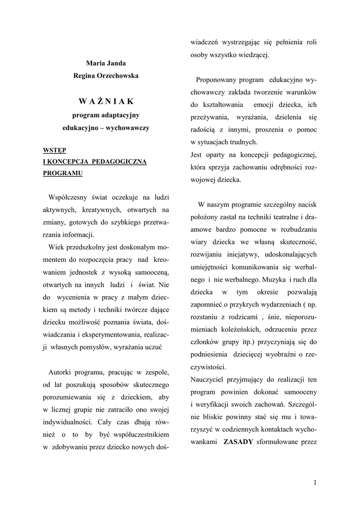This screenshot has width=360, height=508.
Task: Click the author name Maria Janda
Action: click(x=106, y=63)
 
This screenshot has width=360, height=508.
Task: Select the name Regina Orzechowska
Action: click(x=106, y=75)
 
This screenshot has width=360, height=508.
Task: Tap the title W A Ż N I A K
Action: click(x=106, y=101)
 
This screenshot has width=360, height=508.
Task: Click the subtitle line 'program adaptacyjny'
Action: click(x=106, y=115)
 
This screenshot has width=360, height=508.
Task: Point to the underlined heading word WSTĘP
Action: click(x=55, y=149)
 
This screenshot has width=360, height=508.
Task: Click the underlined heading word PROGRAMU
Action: click(x=62, y=173)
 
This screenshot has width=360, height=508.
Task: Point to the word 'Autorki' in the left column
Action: click(x=62, y=372)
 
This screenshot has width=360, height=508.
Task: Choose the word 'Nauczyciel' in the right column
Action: click(x=209, y=380)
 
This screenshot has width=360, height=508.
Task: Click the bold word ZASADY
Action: click(x=238, y=442)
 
